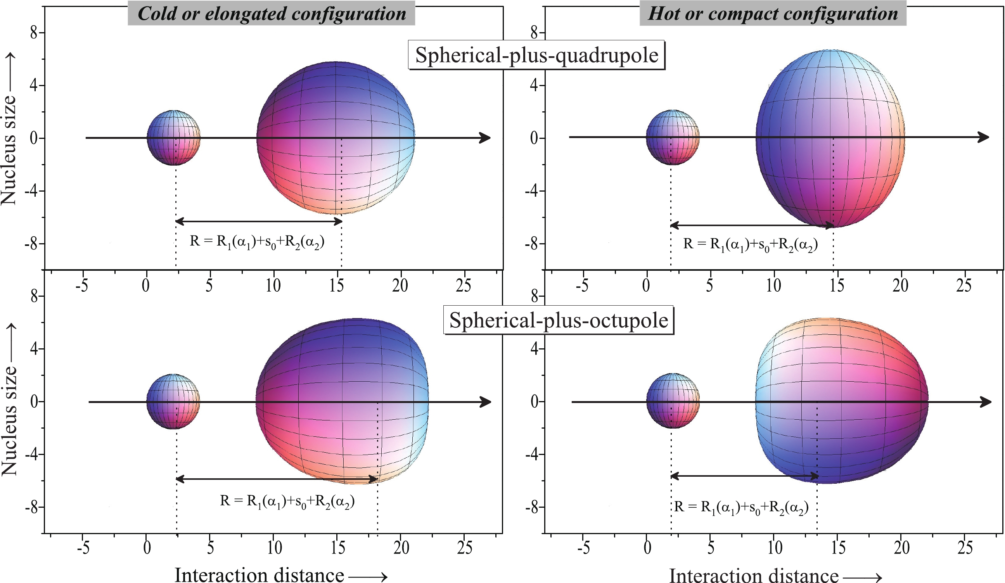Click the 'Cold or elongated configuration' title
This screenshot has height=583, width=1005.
(x=271, y=14)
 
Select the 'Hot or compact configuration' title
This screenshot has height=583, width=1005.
(x=773, y=14)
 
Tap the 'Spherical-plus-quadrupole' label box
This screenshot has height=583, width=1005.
(x=536, y=55)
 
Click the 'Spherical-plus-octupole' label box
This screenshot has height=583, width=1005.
(x=558, y=320)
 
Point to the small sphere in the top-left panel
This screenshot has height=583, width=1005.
(x=173, y=138)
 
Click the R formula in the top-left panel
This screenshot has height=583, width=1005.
(x=257, y=242)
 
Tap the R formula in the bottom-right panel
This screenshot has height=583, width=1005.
(x=741, y=507)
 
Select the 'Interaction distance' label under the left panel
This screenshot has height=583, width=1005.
(x=259, y=575)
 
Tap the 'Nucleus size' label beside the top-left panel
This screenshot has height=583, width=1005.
(x=9, y=150)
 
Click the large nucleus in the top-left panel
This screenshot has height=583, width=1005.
(x=336, y=138)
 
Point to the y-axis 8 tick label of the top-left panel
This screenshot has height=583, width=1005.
(x=34, y=33)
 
